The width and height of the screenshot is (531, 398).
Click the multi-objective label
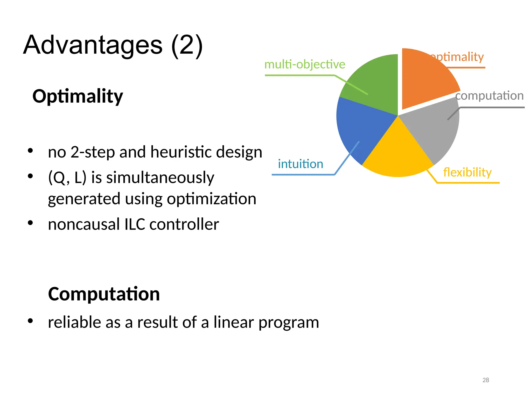point(305,64)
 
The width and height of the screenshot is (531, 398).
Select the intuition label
point(301,164)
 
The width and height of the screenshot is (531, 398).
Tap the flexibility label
point(467,172)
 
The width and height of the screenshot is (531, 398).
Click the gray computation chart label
point(490,96)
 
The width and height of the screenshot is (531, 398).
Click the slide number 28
point(486,380)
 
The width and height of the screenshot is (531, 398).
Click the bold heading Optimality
point(78,96)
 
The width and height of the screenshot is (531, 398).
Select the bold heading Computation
point(104,294)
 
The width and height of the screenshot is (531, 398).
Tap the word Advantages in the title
point(93,45)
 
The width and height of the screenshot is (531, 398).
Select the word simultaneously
point(160,178)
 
